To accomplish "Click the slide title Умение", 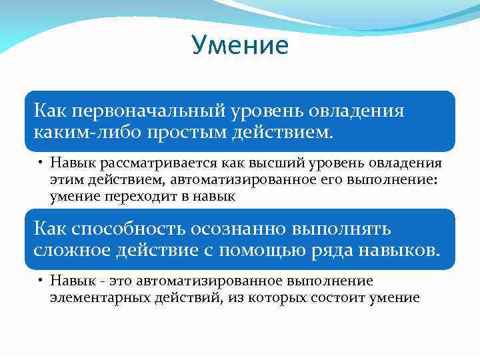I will pyautogui.click(x=240, y=46).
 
